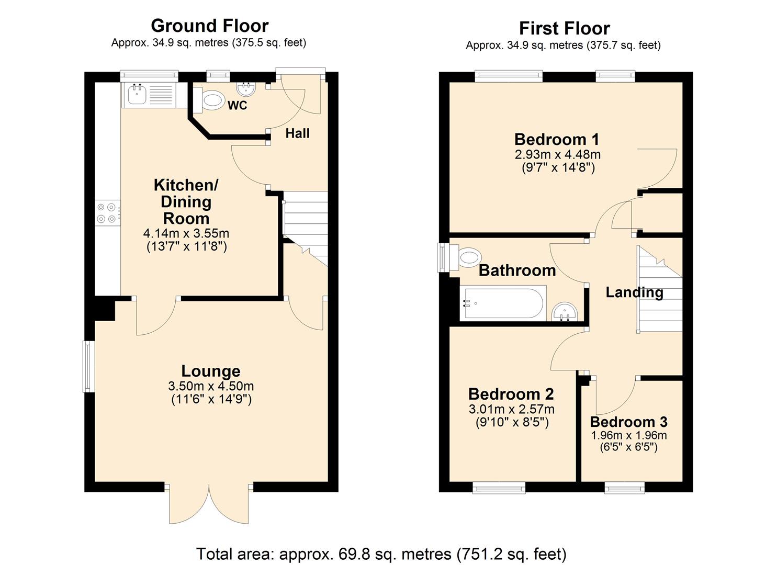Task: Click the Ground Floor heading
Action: point(209,26)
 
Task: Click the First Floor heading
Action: point(564,28)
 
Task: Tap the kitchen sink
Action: point(138,94)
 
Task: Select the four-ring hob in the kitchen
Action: point(106,213)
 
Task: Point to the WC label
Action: point(237,106)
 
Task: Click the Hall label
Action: point(297,133)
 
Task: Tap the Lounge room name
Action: point(211,371)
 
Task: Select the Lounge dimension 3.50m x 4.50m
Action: point(211,386)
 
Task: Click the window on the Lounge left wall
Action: point(88,366)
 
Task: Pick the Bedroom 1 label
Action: point(557,139)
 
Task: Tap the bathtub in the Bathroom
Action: point(503,303)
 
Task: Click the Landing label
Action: point(634,292)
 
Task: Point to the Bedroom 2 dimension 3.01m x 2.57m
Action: point(512,409)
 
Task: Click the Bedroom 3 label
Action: point(628,422)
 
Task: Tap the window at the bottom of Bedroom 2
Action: point(499,488)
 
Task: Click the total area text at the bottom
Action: point(381,553)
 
